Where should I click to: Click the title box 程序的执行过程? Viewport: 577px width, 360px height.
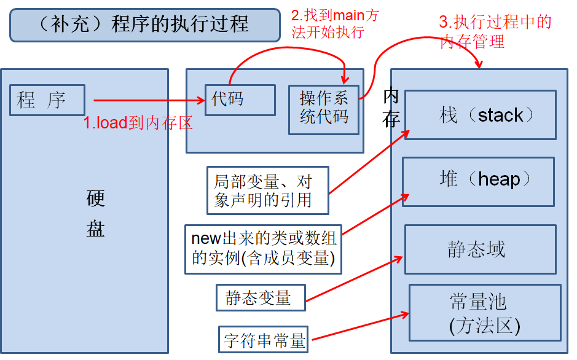point(136,24)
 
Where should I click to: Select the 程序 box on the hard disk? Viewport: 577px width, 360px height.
point(47,100)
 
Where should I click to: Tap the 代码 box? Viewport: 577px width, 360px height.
point(240,100)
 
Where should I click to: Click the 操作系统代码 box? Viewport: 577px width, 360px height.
point(324,109)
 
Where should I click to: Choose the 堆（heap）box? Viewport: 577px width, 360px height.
point(478,180)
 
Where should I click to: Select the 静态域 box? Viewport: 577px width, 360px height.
point(480,249)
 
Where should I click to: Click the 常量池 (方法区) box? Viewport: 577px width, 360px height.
point(484,313)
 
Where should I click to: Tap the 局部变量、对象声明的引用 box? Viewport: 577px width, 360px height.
point(267,190)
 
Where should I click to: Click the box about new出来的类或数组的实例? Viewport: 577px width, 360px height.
point(263,249)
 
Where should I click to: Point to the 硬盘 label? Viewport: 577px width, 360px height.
point(96,213)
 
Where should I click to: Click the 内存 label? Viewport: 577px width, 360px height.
point(391,108)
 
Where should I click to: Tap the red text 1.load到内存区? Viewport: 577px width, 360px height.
point(138,123)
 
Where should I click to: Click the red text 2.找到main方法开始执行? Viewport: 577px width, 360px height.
point(334,23)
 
